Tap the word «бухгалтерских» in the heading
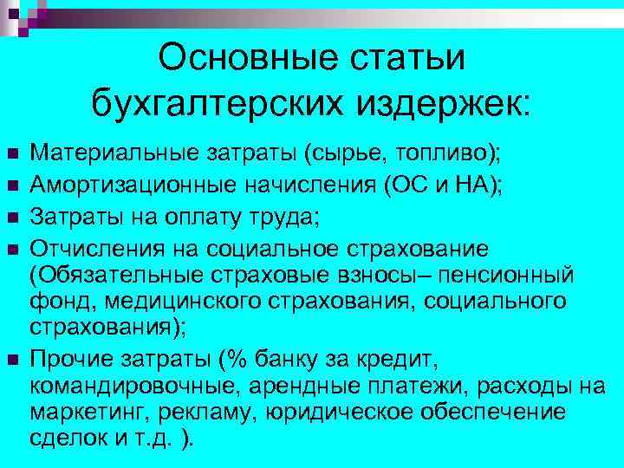pos(218,105)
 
